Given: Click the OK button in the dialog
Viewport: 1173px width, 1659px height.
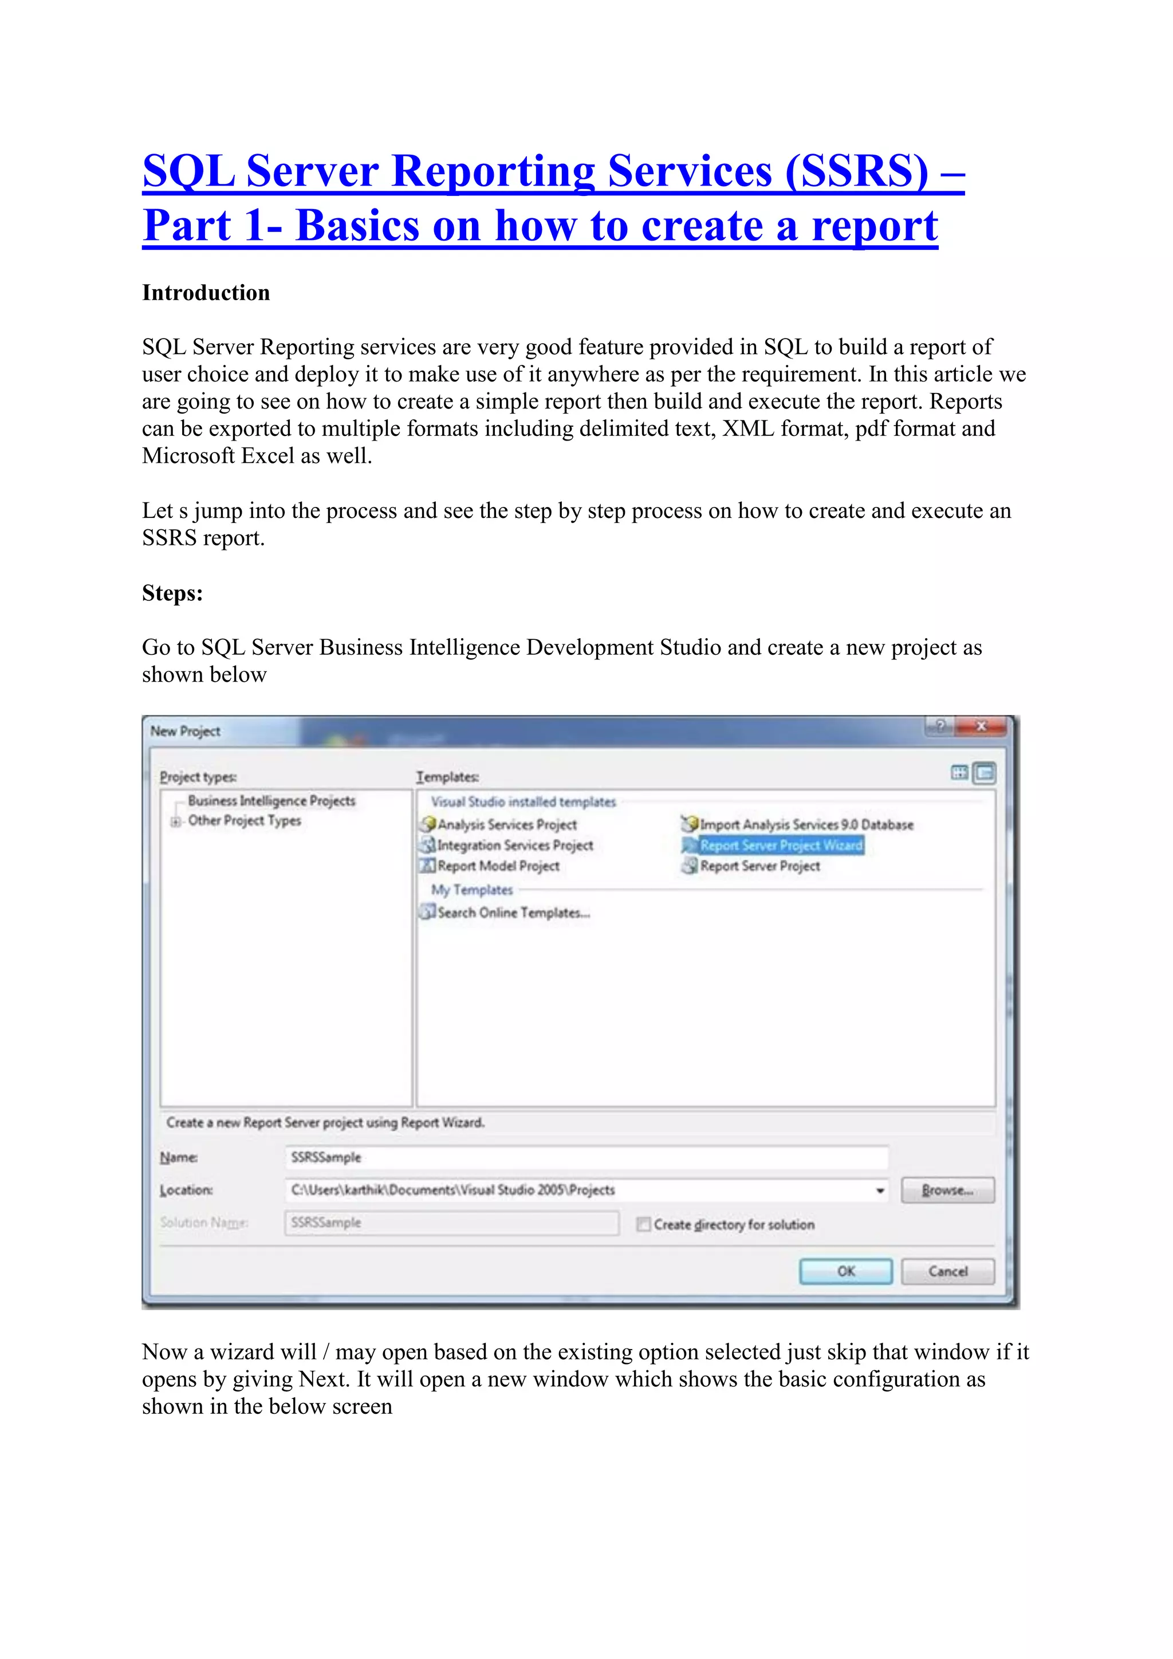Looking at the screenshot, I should coord(845,1271).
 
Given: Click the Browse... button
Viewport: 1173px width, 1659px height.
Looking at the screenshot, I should coord(947,1190).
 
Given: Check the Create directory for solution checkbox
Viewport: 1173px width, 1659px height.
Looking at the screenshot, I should coord(643,1224).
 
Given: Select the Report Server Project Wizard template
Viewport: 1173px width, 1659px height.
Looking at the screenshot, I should coord(780,844).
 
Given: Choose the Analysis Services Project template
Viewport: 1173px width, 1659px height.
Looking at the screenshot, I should coord(506,824).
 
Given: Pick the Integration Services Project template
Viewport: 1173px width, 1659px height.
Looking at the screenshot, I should coord(514,844).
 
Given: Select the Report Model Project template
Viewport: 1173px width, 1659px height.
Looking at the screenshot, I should coord(498,866).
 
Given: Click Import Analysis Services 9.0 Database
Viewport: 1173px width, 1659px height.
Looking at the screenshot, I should coord(805,824).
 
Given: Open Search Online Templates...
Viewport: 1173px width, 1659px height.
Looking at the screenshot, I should coord(513,913).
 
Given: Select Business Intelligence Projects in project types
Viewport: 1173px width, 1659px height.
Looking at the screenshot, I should coord(271,801).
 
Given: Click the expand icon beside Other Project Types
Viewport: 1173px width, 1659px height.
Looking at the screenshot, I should coord(175,821).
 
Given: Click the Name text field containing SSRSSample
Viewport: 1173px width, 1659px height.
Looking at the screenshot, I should coord(585,1157).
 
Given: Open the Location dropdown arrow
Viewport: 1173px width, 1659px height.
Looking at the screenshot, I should coord(880,1190).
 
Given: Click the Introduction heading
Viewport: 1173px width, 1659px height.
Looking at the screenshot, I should coord(206,293).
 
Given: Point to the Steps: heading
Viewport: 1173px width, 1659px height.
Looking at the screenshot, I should coord(172,593).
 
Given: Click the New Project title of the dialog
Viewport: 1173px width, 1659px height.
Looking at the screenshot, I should coord(186,731).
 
